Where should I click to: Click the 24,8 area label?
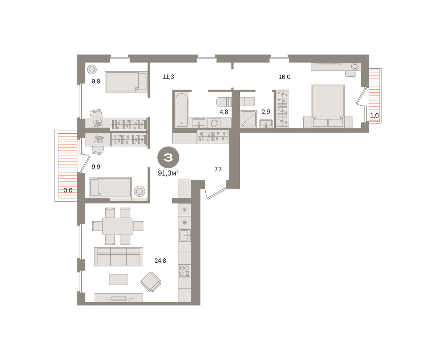[x=160, y=260]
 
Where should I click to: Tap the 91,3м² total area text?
[x=168, y=173]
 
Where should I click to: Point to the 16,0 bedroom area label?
[x=284, y=77]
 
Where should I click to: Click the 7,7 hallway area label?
[x=218, y=169]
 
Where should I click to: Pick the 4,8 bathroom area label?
[x=224, y=112]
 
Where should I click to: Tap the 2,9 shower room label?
[x=266, y=112]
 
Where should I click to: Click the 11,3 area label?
[x=168, y=77]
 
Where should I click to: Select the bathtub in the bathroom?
[x=182, y=110]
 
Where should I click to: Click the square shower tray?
[x=248, y=119]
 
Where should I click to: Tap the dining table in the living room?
[x=118, y=226]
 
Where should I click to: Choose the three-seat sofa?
[x=118, y=256]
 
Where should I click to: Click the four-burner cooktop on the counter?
[x=185, y=271]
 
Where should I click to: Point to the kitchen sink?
[x=185, y=235]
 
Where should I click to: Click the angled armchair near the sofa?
[x=151, y=282]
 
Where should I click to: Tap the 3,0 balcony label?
[x=68, y=190]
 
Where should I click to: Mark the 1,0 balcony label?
[x=375, y=115]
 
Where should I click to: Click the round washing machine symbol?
[x=214, y=123]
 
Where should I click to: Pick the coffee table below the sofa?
[x=118, y=280]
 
